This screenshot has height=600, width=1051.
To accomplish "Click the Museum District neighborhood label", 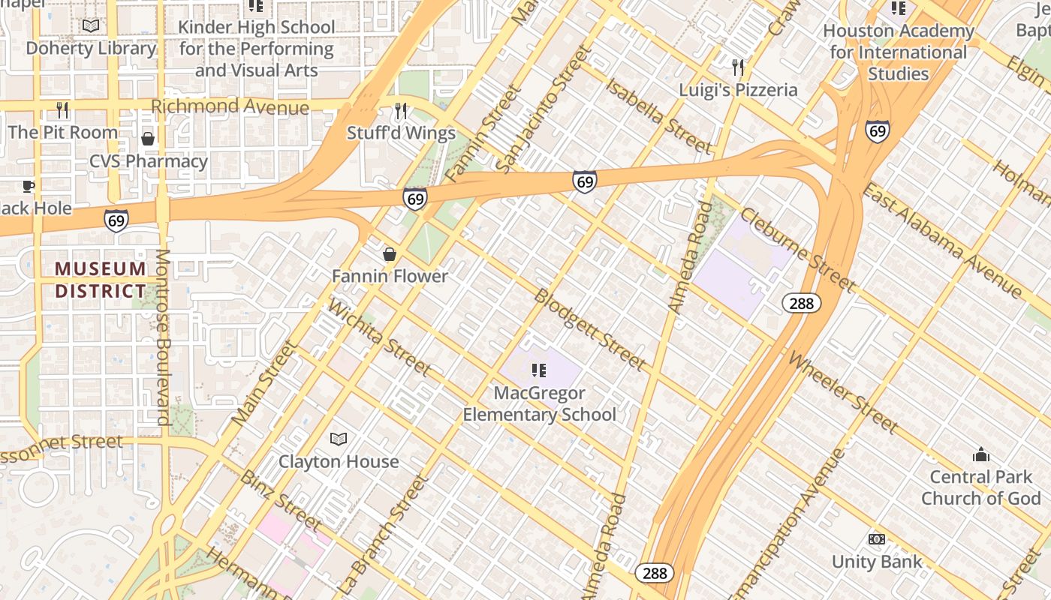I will pyautogui.click(x=100, y=280).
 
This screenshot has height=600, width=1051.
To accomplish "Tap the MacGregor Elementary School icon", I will pyautogui.click(x=538, y=370).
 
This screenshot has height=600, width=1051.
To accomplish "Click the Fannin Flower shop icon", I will pyautogui.click(x=390, y=255).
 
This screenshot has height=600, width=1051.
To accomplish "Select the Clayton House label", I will pyautogui.click(x=339, y=461).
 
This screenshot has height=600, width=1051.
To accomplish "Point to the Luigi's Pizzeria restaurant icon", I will pyautogui.click(x=738, y=68).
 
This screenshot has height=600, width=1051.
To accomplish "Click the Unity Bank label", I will pyautogui.click(x=876, y=562).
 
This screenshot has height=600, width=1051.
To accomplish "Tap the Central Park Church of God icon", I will pyautogui.click(x=980, y=454).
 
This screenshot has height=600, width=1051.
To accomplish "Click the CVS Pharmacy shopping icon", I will pyautogui.click(x=148, y=139).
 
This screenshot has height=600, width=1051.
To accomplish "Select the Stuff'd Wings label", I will pyautogui.click(x=401, y=133).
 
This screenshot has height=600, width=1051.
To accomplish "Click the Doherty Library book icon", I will pyautogui.click(x=91, y=26).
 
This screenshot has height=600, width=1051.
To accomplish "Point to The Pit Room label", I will pyautogui.click(x=63, y=133).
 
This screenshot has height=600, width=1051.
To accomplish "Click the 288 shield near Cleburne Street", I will pyautogui.click(x=802, y=303).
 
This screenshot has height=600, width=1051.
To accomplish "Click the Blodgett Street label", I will pyautogui.click(x=590, y=329).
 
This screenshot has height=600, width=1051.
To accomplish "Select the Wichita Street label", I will pyautogui.click(x=379, y=338).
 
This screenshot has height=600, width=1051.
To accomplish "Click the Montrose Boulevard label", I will pyautogui.click(x=163, y=337).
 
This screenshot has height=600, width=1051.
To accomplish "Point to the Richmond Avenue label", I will pyautogui.click(x=230, y=106).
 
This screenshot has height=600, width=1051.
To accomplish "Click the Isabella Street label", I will pyautogui.click(x=658, y=115).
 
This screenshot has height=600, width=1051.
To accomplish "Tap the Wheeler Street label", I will pyautogui.click(x=842, y=392).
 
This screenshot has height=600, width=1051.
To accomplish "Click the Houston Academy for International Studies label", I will pyautogui.click(x=898, y=52).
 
